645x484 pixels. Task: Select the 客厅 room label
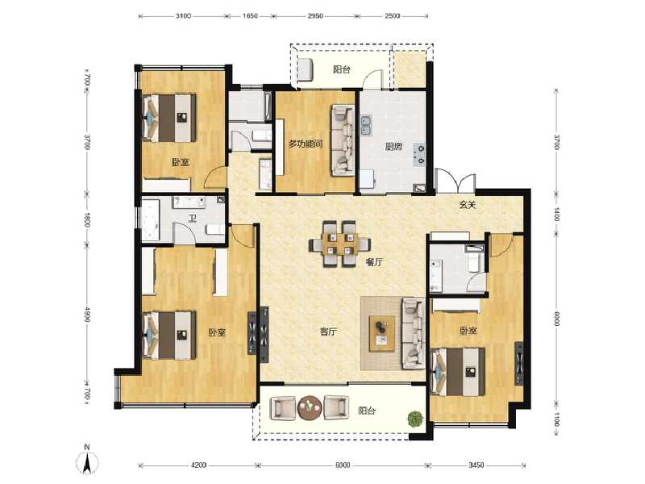point(327,331)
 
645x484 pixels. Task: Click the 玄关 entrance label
point(468,205)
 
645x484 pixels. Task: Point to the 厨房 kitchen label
point(393,146)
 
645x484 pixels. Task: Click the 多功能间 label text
point(306,144)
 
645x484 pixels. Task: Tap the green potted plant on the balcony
point(415,419)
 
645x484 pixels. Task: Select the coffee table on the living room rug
point(379,332)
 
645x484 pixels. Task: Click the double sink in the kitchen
point(366,125)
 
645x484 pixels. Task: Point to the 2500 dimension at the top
point(393,15)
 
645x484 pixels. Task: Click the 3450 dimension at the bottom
point(476,465)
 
